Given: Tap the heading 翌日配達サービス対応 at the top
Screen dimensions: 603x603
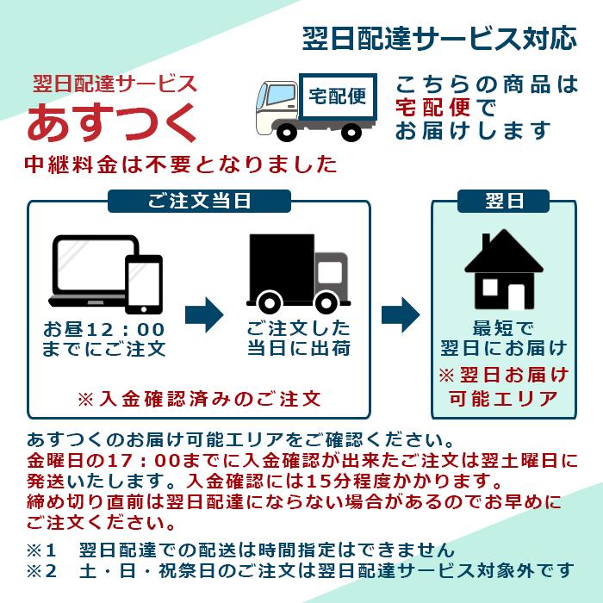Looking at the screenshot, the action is coord(438,38).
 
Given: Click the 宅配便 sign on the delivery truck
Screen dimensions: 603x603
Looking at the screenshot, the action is coord(338,96).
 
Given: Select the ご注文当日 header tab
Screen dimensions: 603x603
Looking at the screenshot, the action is coord(199,201).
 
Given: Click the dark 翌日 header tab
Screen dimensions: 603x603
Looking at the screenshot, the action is coord(504,201).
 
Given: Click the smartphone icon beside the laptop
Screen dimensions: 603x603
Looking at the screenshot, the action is coord(144,283).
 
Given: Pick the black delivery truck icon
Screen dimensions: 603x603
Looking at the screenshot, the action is coord(297,271).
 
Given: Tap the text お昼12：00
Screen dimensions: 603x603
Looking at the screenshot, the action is coord(104,330).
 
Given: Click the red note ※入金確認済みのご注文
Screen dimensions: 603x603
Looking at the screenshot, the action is coord(199,399).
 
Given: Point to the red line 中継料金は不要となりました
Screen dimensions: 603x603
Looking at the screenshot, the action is coord(180,164).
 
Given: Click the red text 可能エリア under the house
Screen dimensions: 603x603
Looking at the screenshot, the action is coord(503,399).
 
